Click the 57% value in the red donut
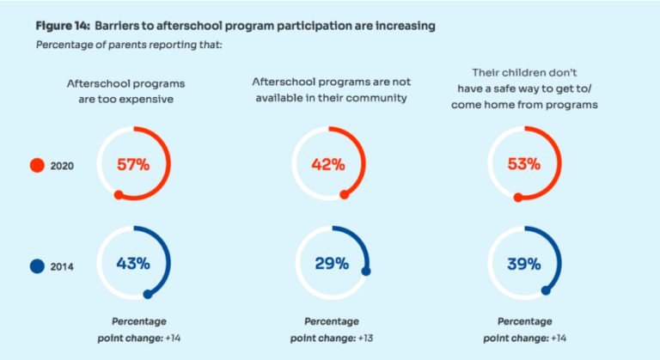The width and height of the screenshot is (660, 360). (133, 164)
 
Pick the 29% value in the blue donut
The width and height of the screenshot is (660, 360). (331, 263)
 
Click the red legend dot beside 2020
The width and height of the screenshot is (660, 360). (36, 166)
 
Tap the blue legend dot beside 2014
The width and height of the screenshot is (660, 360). (36, 266)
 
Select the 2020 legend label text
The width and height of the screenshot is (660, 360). (63, 167)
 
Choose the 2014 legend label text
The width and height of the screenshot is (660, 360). (63, 267)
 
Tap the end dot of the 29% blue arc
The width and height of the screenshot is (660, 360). (366, 272)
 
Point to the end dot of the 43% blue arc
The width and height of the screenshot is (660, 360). (148, 295)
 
